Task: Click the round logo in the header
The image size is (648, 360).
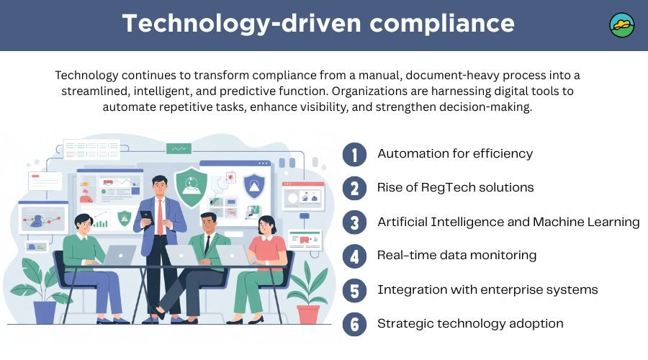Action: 621,25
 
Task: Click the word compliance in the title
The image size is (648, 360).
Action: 442,23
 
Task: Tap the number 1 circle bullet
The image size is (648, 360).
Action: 354,154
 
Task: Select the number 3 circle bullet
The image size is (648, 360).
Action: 354,222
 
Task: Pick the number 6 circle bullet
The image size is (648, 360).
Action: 354,324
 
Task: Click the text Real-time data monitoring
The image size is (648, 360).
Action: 456,255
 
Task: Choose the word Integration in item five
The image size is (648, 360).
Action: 412,289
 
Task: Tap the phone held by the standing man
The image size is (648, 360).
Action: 146,217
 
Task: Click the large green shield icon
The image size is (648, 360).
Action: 191,186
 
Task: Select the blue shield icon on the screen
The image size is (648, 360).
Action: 254,186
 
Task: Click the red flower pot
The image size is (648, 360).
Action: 308,314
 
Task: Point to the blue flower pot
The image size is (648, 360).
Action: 45,312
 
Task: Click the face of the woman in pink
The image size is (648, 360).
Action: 266,226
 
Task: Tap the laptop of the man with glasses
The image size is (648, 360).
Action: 120,255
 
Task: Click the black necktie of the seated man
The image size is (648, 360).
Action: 207,245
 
